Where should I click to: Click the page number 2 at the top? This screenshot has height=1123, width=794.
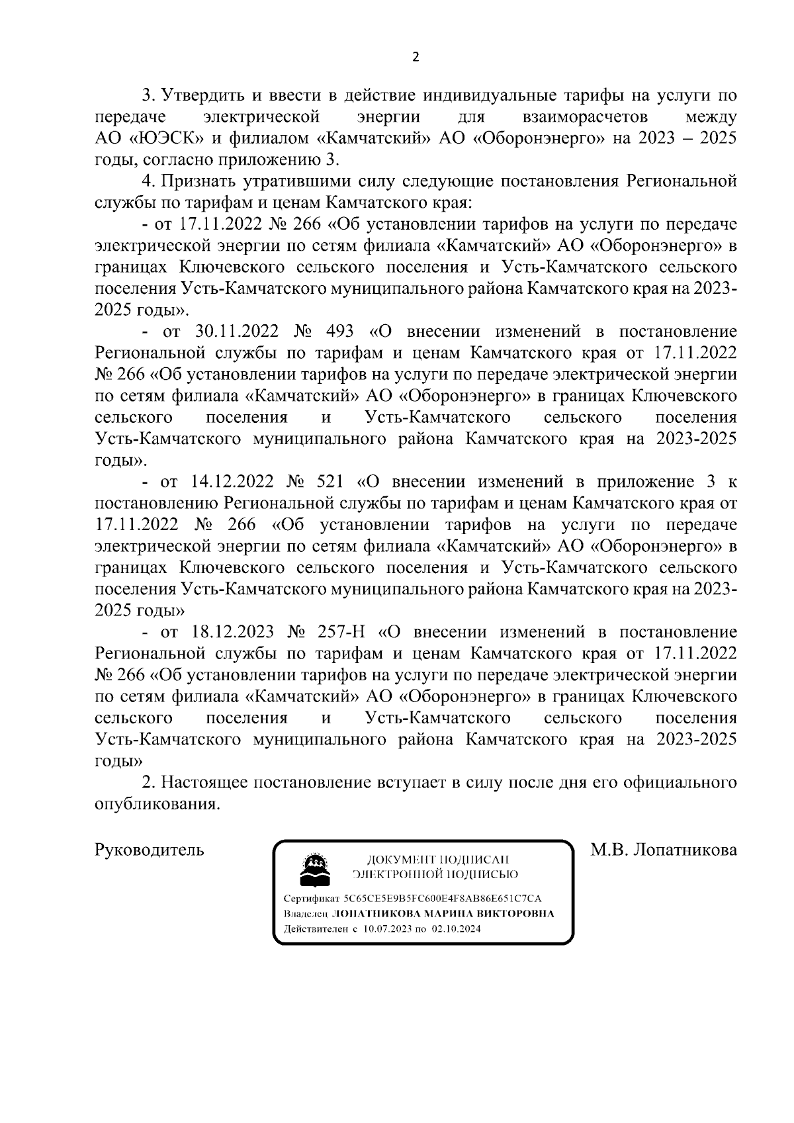[416, 57]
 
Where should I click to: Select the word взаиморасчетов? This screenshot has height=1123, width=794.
[582, 117]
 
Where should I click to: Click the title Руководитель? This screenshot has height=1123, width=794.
[150, 850]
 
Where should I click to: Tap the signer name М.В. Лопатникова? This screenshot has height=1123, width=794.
[664, 850]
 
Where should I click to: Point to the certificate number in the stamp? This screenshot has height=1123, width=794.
[442, 899]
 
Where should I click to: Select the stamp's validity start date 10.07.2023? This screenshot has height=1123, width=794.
[388, 928]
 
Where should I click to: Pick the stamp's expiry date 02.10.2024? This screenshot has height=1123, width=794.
[457, 928]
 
